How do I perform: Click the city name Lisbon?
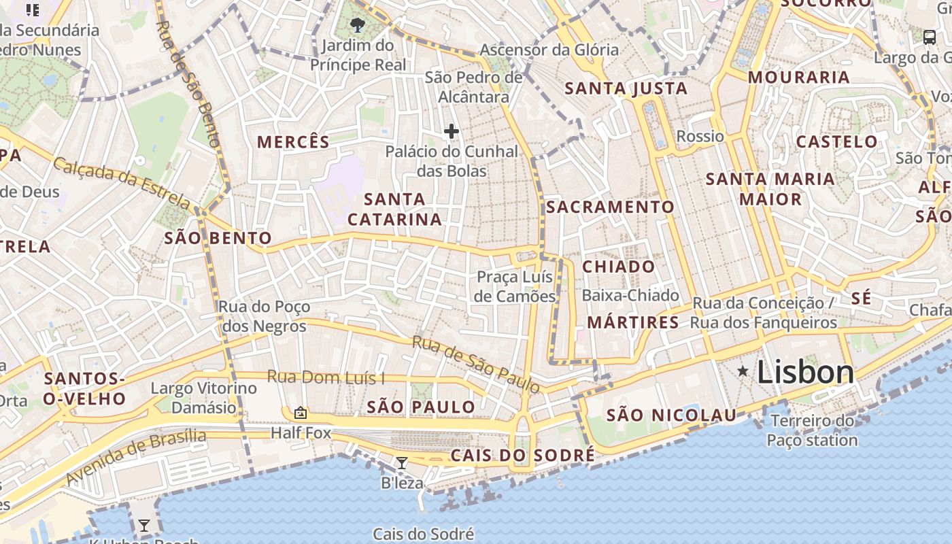805,372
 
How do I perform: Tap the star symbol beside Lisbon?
743,371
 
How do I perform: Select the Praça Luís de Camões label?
515,286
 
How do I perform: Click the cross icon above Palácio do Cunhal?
451,131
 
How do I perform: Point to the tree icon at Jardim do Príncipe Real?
357,26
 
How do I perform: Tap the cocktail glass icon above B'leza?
402,463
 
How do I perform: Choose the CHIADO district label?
618,267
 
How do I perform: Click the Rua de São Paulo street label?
476,364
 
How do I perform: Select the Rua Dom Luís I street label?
326,377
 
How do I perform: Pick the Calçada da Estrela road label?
122,183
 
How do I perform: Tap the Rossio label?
700,136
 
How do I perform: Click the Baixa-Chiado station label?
630,295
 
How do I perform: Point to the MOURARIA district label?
798,78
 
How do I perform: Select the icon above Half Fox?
300,412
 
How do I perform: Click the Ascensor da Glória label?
549,50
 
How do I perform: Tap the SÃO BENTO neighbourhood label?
218,238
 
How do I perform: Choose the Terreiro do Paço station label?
812,430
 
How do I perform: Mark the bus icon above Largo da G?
930,37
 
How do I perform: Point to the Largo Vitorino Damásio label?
203,398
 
